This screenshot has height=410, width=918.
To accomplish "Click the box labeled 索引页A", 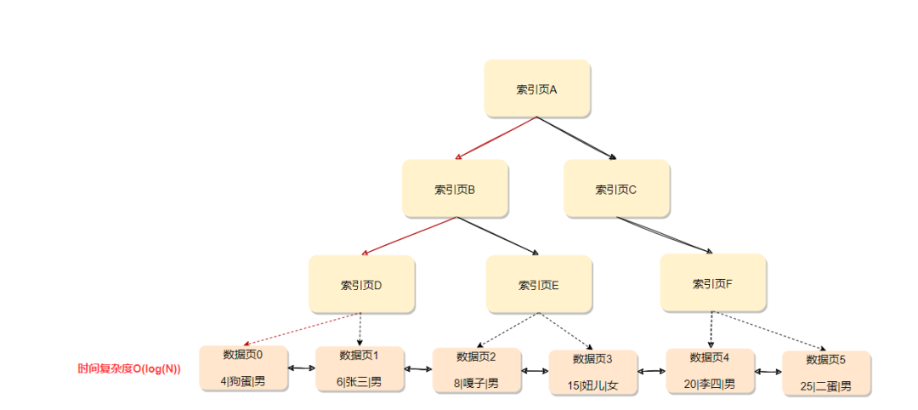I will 536,88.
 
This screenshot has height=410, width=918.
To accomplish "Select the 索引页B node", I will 455,188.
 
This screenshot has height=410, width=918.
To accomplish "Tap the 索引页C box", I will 616,188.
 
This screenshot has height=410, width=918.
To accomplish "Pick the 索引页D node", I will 361,284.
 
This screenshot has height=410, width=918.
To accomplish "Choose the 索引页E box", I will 539,284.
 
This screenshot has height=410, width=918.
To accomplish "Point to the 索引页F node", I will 713,282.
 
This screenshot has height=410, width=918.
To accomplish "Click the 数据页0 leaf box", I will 243,367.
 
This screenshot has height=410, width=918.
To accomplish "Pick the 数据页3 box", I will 593,372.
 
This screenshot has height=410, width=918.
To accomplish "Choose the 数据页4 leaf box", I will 710,370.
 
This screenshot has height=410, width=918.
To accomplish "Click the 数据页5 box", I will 826,373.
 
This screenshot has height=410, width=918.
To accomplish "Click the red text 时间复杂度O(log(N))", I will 129,369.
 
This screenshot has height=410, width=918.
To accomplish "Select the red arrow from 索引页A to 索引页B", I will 496,138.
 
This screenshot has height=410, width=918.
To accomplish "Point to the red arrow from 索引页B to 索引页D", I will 409,236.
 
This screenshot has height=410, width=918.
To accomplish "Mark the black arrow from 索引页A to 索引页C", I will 576,138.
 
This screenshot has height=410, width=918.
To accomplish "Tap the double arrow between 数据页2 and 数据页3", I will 535,371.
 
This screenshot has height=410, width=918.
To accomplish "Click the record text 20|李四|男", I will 710,384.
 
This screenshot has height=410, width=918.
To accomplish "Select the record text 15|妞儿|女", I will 593,385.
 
